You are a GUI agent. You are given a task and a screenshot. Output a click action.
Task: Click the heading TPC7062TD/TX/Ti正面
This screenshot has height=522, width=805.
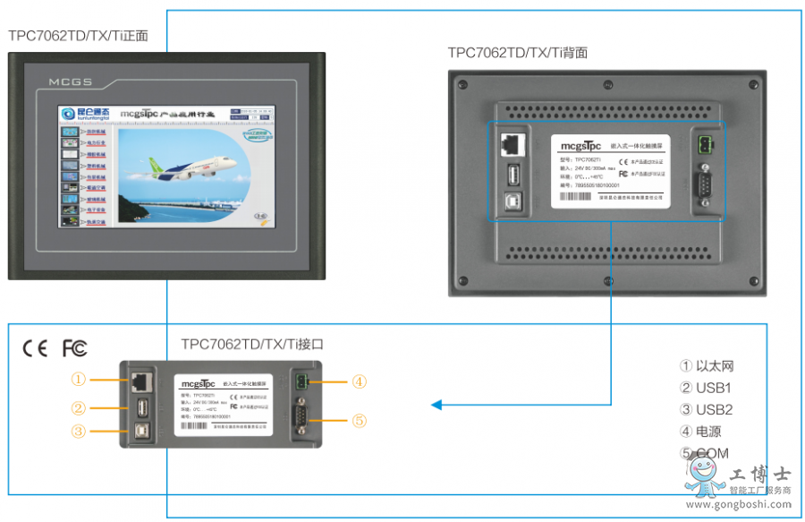pyautogui.click(x=78, y=36)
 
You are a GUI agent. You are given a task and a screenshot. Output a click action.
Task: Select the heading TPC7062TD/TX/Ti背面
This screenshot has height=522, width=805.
pyautogui.click(x=518, y=53)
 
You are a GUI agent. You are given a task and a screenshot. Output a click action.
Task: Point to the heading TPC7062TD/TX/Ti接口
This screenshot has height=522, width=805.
pyautogui.click(x=251, y=343)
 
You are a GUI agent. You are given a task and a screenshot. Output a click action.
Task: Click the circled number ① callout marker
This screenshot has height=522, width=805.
pyautogui.click(x=79, y=380)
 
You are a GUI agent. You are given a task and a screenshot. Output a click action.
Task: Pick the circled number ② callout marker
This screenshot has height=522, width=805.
pyautogui.click(x=79, y=408)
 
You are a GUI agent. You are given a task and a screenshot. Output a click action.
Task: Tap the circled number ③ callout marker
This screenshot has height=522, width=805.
pyautogui.click(x=79, y=432)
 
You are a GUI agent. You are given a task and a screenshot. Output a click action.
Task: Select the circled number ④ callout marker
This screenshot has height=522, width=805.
pyautogui.click(x=359, y=381)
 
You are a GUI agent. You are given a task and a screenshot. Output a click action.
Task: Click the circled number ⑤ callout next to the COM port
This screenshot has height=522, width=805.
pyautogui.click(x=359, y=420)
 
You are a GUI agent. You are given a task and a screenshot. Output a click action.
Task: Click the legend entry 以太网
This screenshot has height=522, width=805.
pyautogui.click(x=714, y=366)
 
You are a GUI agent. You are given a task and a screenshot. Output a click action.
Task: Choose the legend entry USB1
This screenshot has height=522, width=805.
pyautogui.click(x=714, y=388)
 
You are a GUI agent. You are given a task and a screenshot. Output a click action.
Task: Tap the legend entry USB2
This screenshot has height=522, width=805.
pyautogui.click(x=714, y=409)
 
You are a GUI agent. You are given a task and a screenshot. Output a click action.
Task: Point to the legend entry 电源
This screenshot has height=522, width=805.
pyautogui.click(x=708, y=432)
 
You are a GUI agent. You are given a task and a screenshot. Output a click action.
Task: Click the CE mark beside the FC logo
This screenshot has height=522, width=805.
pyautogui.click(x=35, y=348)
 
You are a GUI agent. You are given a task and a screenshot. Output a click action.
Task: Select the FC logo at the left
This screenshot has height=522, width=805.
pyautogui.click(x=74, y=348)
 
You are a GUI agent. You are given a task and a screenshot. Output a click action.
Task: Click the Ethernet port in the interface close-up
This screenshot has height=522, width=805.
pyautogui.click(x=140, y=381)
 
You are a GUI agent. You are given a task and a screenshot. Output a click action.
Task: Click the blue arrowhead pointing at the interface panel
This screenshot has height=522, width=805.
pyautogui.click(x=436, y=406)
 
